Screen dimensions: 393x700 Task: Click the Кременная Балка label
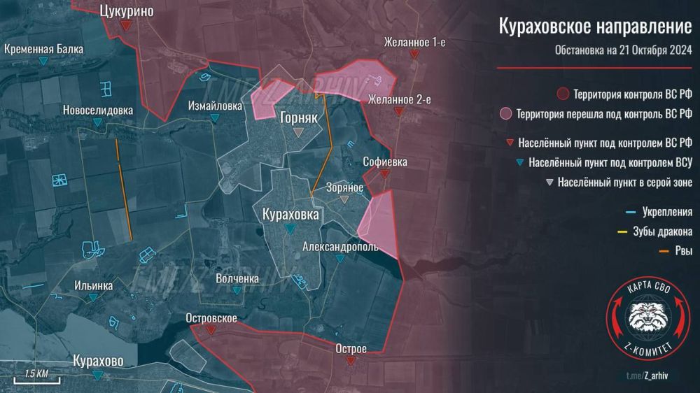point(43,50)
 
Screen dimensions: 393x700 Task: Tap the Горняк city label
point(299,117)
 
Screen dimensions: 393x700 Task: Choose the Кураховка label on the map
point(290,214)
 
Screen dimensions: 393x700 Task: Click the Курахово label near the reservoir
point(98,361)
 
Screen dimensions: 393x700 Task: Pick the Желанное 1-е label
point(414,42)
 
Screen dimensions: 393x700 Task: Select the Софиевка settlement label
point(385,162)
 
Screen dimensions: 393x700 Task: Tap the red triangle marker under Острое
point(351,361)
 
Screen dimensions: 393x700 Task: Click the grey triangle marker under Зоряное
point(344,199)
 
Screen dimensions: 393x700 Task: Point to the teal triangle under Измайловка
point(215,119)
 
